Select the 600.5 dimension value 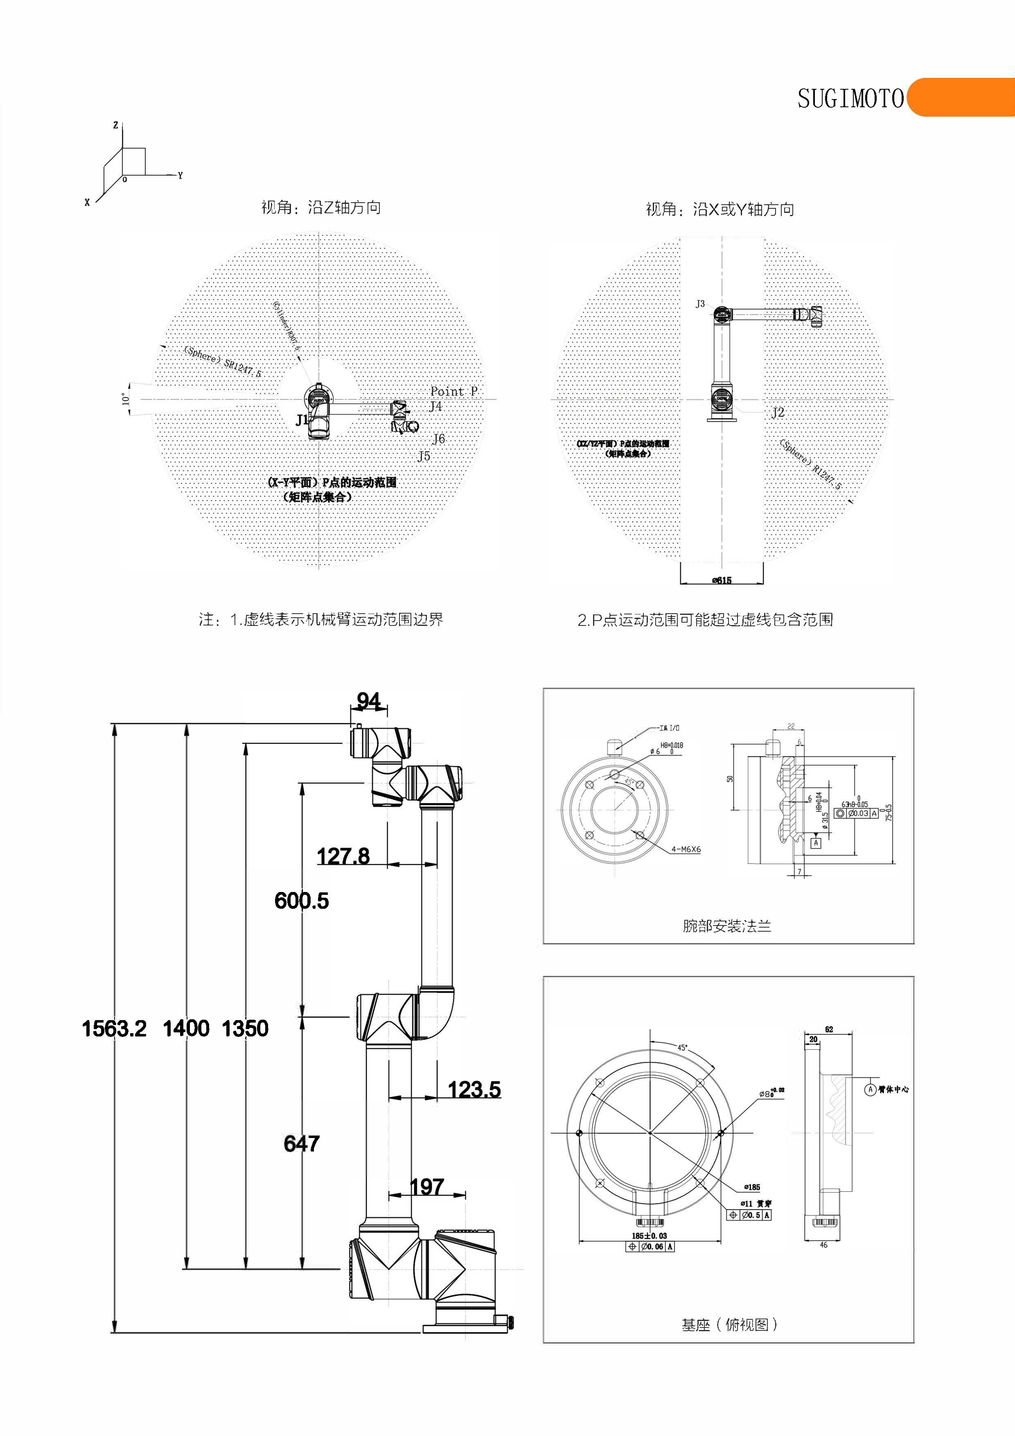[x=302, y=901]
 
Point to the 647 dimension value [x=302, y=1143]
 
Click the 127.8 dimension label [x=343, y=856]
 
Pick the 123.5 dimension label [x=474, y=1090]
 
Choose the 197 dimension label [x=427, y=1186]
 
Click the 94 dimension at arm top [x=368, y=701]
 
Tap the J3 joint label [x=700, y=304]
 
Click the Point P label [x=453, y=391]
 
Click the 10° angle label [x=125, y=399]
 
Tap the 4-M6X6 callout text [x=686, y=849]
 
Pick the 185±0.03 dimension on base [x=649, y=1236]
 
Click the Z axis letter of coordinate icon [x=116, y=125]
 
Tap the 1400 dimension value [x=186, y=1028]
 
